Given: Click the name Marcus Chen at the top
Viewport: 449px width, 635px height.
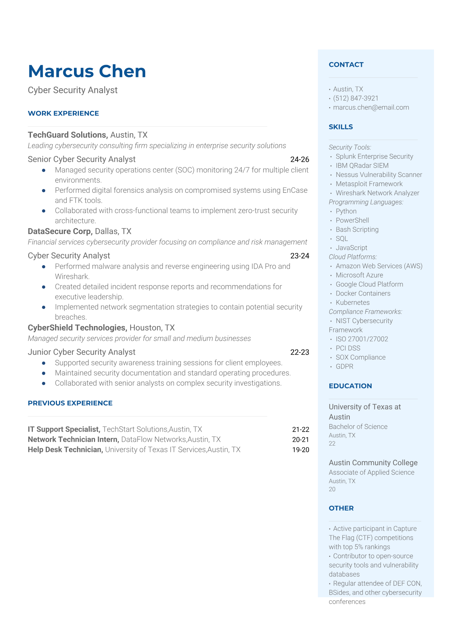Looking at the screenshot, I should click(x=87, y=71).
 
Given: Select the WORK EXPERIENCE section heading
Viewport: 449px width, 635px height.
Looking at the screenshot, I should click(x=63, y=113).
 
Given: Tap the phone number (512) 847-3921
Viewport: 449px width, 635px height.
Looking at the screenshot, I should click(x=355, y=98).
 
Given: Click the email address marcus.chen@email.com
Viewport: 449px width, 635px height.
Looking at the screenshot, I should click(x=371, y=107).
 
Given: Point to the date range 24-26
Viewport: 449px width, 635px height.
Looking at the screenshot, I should click(x=300, y=159).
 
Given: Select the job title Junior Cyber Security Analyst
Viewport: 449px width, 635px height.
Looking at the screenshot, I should click(x=81, y=352).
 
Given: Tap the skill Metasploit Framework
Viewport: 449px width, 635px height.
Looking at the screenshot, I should click(x=369, y=184).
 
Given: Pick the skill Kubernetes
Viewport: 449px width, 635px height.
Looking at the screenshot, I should click(x=352, y=302).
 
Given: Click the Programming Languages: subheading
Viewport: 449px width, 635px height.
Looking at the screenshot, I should click(x=366, y=202).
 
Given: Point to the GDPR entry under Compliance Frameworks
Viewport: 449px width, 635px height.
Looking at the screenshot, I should click(x=344, y=366).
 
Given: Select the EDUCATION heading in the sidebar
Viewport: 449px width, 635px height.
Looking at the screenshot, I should click(x=350, y=386).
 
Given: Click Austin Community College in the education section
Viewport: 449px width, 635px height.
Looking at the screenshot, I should click(x=373, y=463).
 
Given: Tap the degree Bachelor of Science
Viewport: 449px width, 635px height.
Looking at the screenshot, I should click(x=358, y=426).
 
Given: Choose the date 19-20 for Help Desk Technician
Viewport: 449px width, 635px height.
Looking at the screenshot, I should click(x=300, y=450).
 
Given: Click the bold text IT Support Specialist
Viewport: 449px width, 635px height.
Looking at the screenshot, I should click(x=64, y=429).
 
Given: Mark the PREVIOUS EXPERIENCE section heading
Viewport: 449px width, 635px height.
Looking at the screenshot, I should click(x=70, y=403).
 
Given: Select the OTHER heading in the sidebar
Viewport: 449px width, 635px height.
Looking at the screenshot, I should click(x=341, y=508).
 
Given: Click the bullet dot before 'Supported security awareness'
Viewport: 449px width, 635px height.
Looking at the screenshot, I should click(x=44, y=363).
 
